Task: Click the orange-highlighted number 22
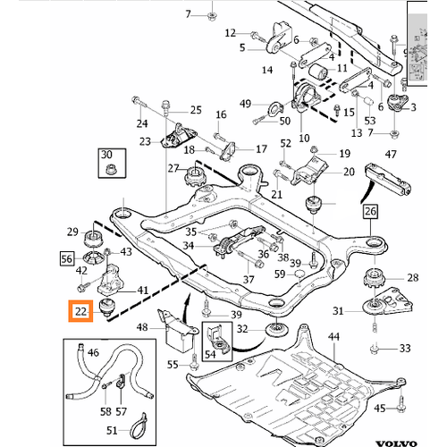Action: [82, 311]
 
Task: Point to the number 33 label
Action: [405, 348]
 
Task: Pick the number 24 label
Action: [140, 122]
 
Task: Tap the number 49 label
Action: [245, 105]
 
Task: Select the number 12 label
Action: [231, 32]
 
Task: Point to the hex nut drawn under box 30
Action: [108, 171]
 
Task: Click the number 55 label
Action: [173, 366]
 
